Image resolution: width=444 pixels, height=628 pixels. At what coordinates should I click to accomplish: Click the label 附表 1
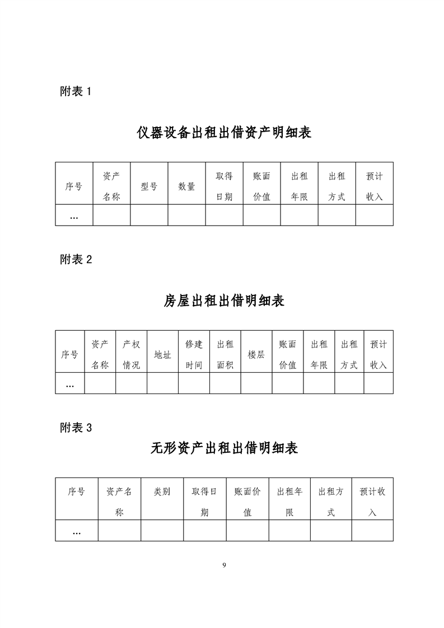[76, 91]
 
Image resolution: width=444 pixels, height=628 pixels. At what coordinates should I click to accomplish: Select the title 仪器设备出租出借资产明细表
[224, 133]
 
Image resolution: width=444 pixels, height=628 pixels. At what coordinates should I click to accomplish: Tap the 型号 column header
[149, 186]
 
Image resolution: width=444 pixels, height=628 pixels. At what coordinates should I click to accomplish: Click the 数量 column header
[187, 186]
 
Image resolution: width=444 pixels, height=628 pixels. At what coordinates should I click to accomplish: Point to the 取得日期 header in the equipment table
[225, 186]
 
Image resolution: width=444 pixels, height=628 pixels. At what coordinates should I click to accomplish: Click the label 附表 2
[76, 260]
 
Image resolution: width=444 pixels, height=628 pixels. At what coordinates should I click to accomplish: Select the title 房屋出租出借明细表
[224, 301]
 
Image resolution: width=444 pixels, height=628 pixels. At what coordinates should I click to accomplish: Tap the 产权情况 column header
[132, 354]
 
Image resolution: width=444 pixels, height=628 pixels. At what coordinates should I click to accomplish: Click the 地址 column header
[163, 354]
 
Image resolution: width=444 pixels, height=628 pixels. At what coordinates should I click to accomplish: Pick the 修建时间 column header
[194, 354]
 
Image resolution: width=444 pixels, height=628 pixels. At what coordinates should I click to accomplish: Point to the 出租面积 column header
[225, 354]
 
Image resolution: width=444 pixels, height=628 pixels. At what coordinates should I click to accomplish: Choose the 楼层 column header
[256, 354]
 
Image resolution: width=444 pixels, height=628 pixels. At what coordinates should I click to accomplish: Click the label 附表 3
[76, 428]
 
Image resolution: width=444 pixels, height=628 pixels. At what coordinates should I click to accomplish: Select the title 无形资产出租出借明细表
[224, 448]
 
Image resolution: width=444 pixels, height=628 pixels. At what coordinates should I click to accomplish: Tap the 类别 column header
[162, 491]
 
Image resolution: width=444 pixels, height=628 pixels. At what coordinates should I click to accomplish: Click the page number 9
[224, 565]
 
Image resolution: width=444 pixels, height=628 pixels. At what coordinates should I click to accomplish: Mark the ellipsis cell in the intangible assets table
[77, 533]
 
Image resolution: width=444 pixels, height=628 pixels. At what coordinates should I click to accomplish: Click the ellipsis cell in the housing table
[70, 385]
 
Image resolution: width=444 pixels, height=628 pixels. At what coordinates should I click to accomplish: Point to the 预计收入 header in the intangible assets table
[373, 502]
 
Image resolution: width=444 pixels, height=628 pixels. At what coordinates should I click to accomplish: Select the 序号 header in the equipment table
[74, 186]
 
